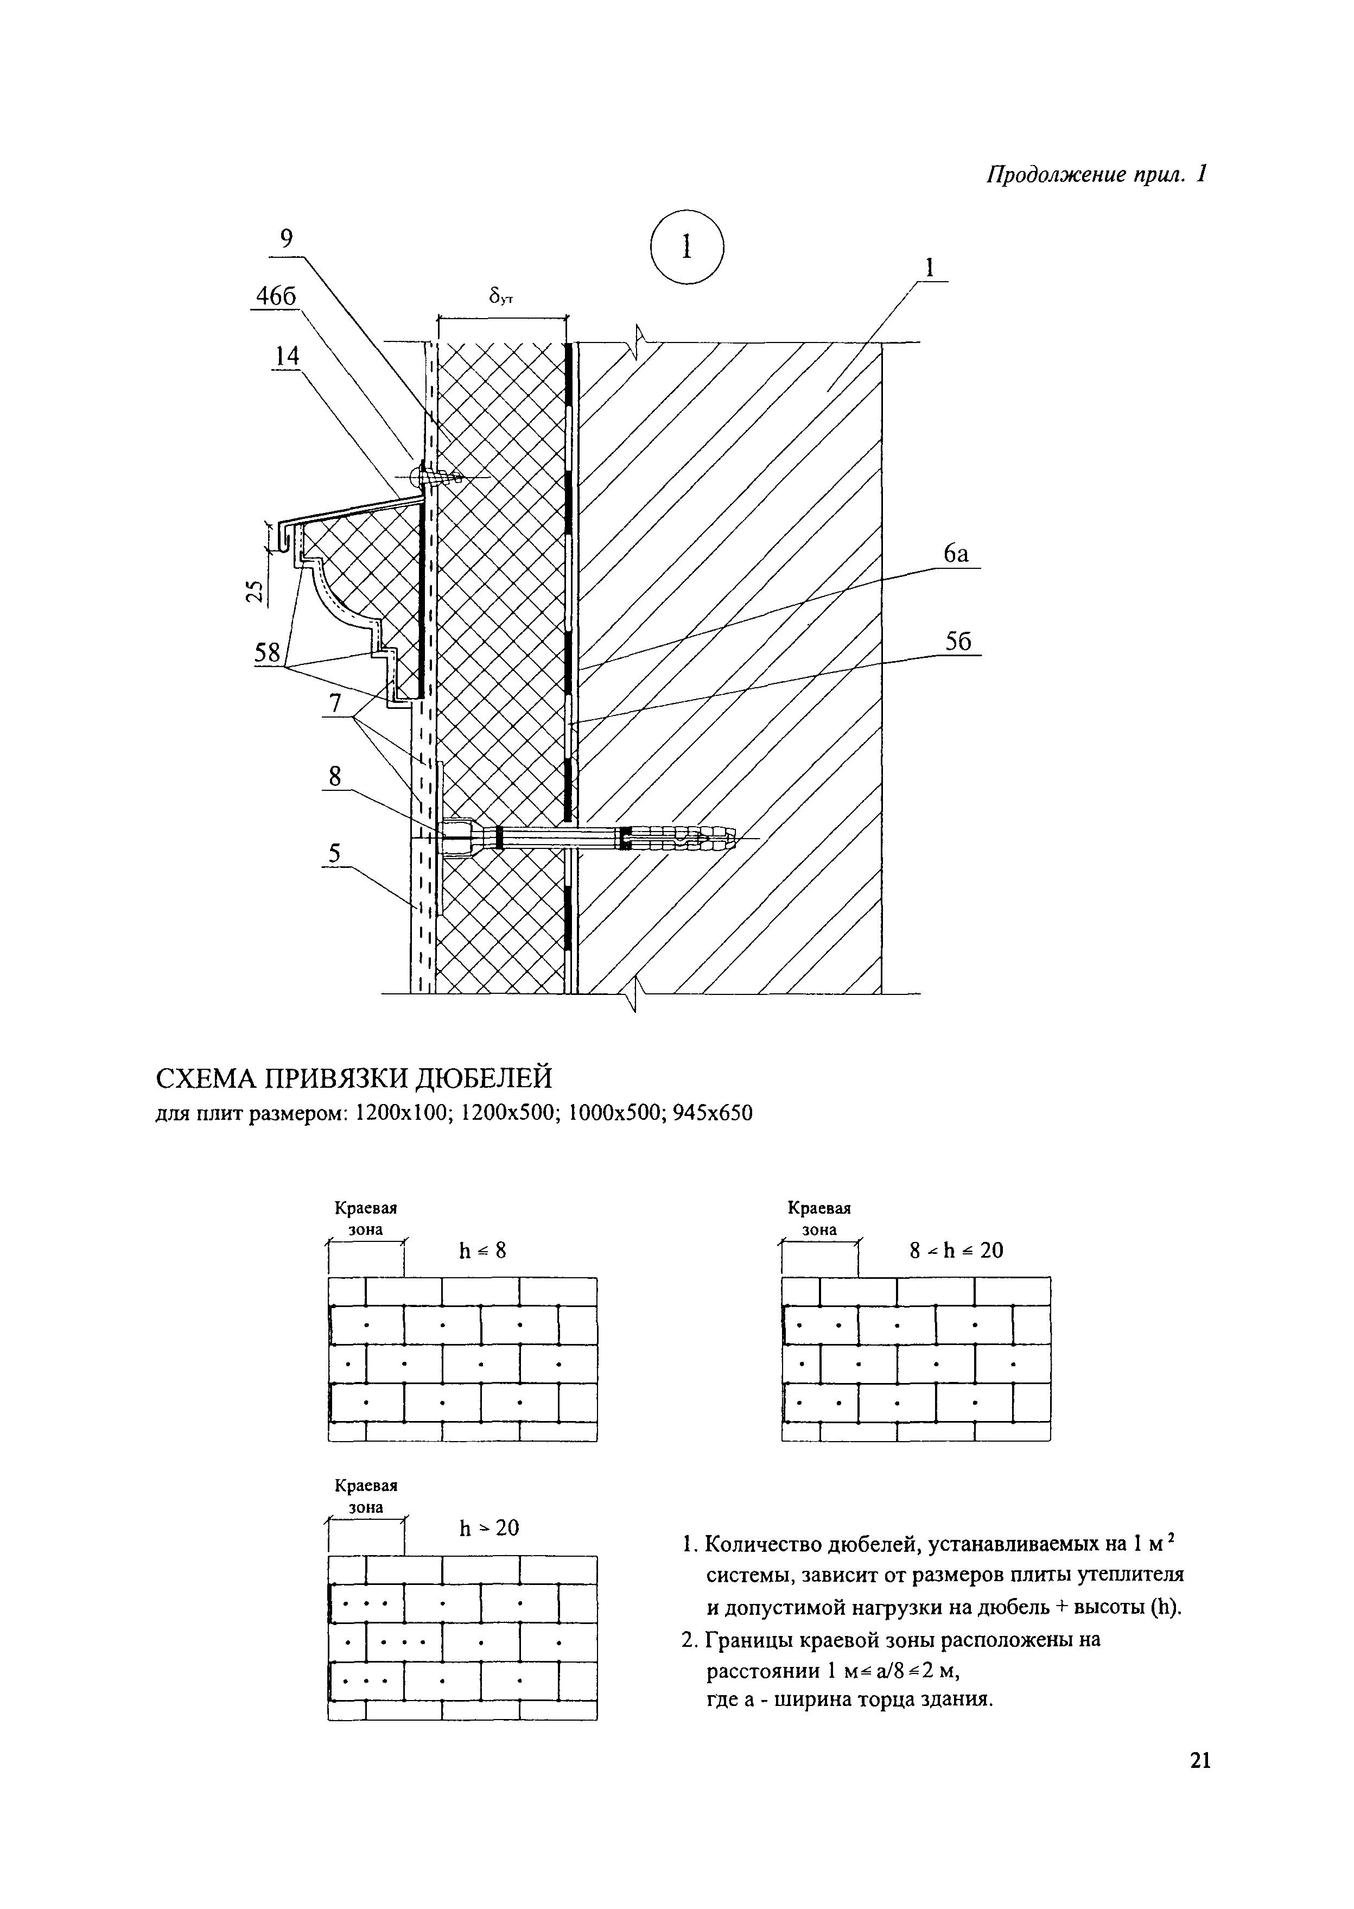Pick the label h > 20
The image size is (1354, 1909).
click(488, 1528)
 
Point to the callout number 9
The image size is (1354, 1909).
click(286, 239)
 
